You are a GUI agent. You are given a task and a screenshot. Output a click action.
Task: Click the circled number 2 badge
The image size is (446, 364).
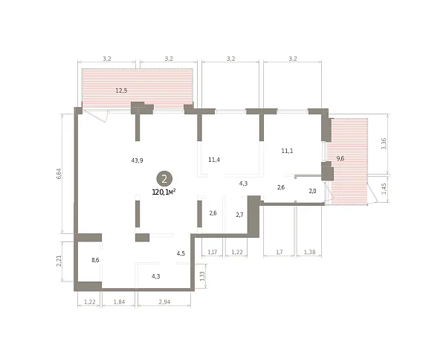click(164, 179)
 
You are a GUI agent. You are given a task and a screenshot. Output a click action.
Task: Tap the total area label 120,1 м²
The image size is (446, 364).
click(164, 192)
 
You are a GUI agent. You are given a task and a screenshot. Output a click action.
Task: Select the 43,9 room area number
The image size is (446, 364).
click(137, 160)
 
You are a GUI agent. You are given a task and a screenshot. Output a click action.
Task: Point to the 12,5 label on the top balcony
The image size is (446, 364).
click(121, 91)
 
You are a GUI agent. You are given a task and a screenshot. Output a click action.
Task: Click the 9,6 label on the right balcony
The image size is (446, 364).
click(340, 158)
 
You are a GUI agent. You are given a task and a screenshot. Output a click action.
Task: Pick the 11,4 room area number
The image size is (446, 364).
click(214, 160)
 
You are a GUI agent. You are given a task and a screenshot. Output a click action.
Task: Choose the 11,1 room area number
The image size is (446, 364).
click(287, 151)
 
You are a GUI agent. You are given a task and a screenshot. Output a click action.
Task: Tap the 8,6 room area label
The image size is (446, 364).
click(95, 260)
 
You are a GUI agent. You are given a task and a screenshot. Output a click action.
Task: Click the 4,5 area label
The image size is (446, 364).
click(181, 253)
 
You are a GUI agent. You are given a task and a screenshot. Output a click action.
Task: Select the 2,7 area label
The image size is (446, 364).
click(240, 215)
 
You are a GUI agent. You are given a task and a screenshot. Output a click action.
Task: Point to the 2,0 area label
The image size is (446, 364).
click(312, 192)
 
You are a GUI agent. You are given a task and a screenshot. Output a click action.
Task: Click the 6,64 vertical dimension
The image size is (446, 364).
click(59, 174)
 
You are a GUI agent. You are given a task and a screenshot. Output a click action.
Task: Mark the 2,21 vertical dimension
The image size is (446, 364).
click(59, 261)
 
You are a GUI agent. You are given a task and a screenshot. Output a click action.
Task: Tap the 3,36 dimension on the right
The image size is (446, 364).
click(384, 143)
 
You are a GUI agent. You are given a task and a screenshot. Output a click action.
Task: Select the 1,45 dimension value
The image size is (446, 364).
click(384, 189)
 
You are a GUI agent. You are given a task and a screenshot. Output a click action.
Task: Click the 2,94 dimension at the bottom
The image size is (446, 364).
click(164, 302)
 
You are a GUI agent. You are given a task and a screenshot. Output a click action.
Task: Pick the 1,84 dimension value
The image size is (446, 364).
click(119, 302)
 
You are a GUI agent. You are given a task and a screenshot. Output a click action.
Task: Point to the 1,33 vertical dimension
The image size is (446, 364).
click(202, 276)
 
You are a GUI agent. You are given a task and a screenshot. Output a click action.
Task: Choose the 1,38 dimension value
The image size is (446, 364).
click(309, 252)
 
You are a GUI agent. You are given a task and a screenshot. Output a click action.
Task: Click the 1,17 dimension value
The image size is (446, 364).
click(212, 252)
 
